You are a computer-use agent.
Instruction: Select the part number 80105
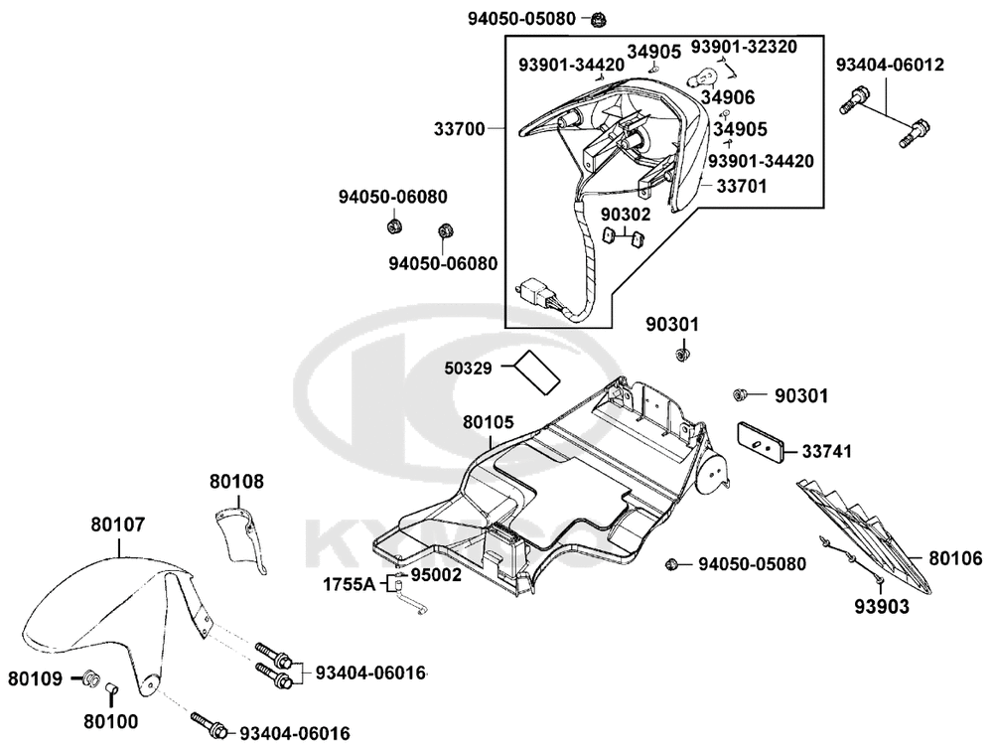pos(489,422)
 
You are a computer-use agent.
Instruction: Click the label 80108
pos(236,482)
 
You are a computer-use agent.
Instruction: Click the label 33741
pos(827,452)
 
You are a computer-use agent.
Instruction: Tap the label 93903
pos(881,606)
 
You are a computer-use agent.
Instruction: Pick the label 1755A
pos(349,585)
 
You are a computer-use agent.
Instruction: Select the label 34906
pos(729,97)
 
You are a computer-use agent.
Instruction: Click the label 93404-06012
pos(889,66)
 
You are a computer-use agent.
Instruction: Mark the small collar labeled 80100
pos(112,688)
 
